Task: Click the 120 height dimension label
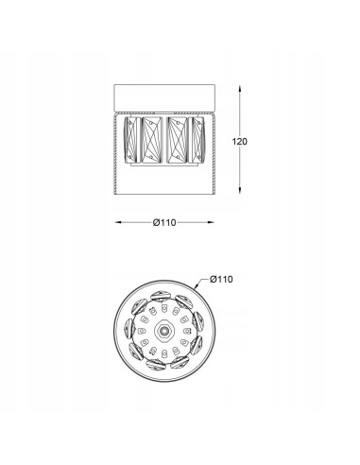[240, 142]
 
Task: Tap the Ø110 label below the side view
[164, 223]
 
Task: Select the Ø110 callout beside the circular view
[221, 279]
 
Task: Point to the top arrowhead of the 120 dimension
[240, 88]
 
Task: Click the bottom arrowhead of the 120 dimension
[240, 190]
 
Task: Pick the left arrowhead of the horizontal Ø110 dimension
[118, 222]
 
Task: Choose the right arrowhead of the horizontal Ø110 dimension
[211, 222]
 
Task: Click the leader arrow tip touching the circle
[196, 287]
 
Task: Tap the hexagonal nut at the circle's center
[163, 331]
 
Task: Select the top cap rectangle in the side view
[164, 97]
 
